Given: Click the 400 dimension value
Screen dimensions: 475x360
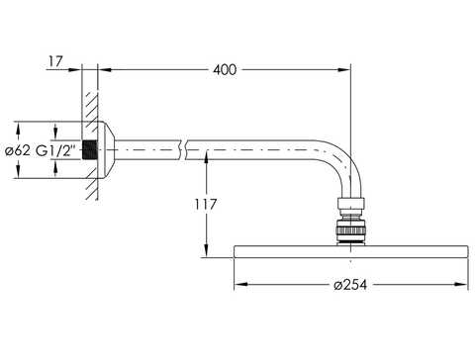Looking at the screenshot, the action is coord(225,70).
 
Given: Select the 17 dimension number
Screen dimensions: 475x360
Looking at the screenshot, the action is coord(55,61).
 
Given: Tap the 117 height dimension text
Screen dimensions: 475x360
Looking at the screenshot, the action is coord(205,205).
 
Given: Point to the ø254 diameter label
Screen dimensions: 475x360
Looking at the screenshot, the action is coord(350,285).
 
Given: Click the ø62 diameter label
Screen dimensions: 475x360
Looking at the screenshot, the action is coord(18,151).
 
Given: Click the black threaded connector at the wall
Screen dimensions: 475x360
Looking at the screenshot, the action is coord(89,150).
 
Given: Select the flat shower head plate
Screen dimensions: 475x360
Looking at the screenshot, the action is coord(350,252).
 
